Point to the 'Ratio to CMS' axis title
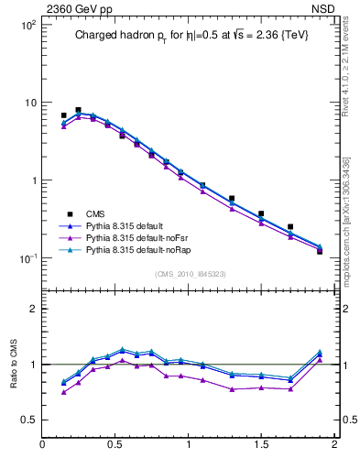[x=13, y=364]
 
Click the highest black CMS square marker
[x=78, y=110]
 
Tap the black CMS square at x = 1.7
[x=290, y=226]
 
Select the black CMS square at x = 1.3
[x=232, y=198]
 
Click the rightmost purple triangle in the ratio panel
[x=320, y=359]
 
